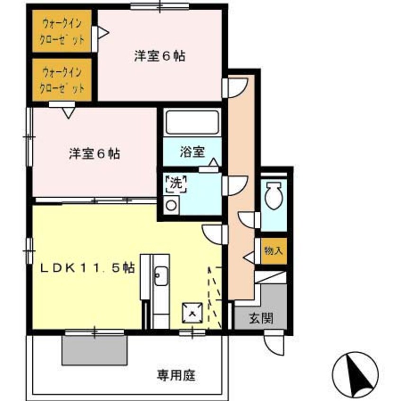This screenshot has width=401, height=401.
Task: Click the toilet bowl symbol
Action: pyautogui.click(x=273, y=195)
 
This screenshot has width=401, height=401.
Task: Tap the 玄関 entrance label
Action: pyautogui.click(x=260, y=318)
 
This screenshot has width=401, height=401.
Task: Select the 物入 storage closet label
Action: pyautogui.click(x=273, y=251)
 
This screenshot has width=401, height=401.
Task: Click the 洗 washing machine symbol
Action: pyautogui.click(x=175, y=183)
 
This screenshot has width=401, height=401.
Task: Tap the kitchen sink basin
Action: pyautogui.click(x=161, y=276)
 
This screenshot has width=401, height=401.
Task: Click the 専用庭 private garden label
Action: pyautogui.click(x=176, y=376)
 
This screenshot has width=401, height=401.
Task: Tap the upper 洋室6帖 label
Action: pyautogui.click(x=159, y=56)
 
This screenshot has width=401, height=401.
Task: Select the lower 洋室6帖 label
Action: pyautogui.click(x=94, y=154)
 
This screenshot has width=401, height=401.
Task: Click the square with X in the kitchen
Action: pyautogui.click(x=191, y=312)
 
